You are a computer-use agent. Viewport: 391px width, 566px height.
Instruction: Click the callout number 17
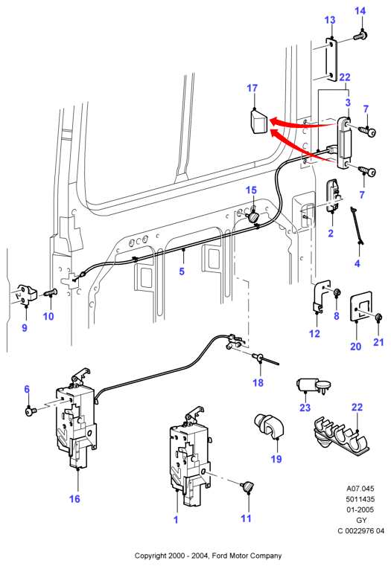coord(252,88)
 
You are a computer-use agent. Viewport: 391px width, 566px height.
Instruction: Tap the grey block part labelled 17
coord(258,122)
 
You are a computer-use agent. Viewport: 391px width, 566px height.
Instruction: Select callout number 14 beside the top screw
coord(360,11)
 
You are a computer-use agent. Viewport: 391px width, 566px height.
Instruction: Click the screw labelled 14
coord(360,36)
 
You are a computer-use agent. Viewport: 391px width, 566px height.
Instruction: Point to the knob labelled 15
coord(253,216)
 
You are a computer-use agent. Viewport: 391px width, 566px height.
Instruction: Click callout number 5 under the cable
coord(182,271)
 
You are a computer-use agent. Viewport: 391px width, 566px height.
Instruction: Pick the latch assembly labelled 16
coord(77,419)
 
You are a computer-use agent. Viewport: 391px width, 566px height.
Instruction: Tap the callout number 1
coord(176,520)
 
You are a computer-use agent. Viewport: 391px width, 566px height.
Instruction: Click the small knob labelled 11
coord(247,486)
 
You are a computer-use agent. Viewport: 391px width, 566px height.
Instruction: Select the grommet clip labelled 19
coord(269,426)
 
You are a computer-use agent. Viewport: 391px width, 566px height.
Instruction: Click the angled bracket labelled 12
coord(321,296)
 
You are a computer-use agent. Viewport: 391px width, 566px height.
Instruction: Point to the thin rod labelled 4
coord(357,225)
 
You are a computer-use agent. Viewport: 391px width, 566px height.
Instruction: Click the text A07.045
coord(360,489)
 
